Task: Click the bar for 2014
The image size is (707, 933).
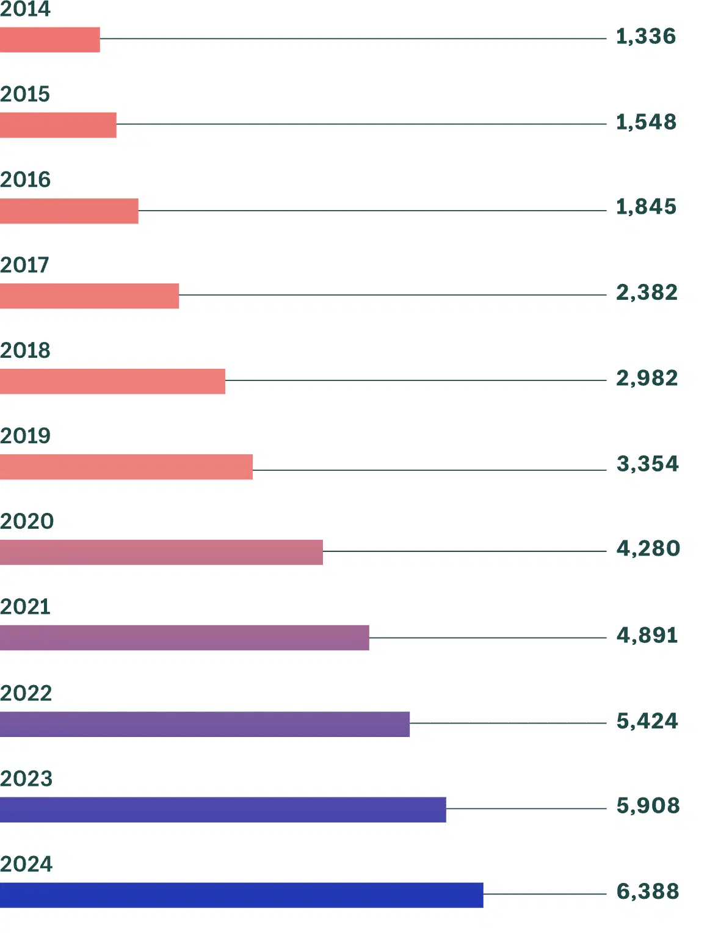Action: coord(49,40)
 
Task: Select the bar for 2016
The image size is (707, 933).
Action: coord(69,211)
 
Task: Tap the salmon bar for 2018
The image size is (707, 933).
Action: coord(112,381)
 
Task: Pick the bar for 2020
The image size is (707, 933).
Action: coord(161,552)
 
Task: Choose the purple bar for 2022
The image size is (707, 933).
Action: coord(205,724)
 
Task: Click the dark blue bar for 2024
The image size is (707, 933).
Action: coord(242,895)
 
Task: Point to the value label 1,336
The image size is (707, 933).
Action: coord(646,37)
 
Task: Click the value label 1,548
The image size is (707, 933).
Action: coord(646,122)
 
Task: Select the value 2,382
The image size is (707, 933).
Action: coord(647,293)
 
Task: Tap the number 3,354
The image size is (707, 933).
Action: coord(648,463)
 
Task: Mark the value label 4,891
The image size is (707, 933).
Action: coord(647,636)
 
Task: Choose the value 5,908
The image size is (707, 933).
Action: coord(648,806)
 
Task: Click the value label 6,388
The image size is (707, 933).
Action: coord(648,891)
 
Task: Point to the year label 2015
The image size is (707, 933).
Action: coord(25,94)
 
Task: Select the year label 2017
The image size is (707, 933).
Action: coord(24,265)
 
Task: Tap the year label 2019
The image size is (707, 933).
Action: coord(26,436)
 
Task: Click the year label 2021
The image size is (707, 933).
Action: coord(26,607)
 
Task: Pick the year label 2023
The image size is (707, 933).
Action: coord(26,779)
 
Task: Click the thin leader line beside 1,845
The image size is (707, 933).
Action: coord(372,211)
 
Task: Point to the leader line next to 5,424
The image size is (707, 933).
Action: coord(508,723)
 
